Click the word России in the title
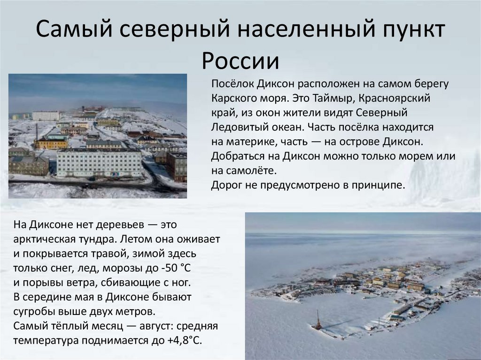pyautogui.click(x=240, y=61)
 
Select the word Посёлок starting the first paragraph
pyautogui.click(x=232, y=84)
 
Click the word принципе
pyautogui.click(x=381, y=184)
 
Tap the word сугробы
pyautogui.click(x=35, y=312)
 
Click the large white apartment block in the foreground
pyautogui.click(x=99, y=163)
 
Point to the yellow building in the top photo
pyautogui.click(x=52, y=143)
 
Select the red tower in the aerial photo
pyautogui.click(x=318, y=320)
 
